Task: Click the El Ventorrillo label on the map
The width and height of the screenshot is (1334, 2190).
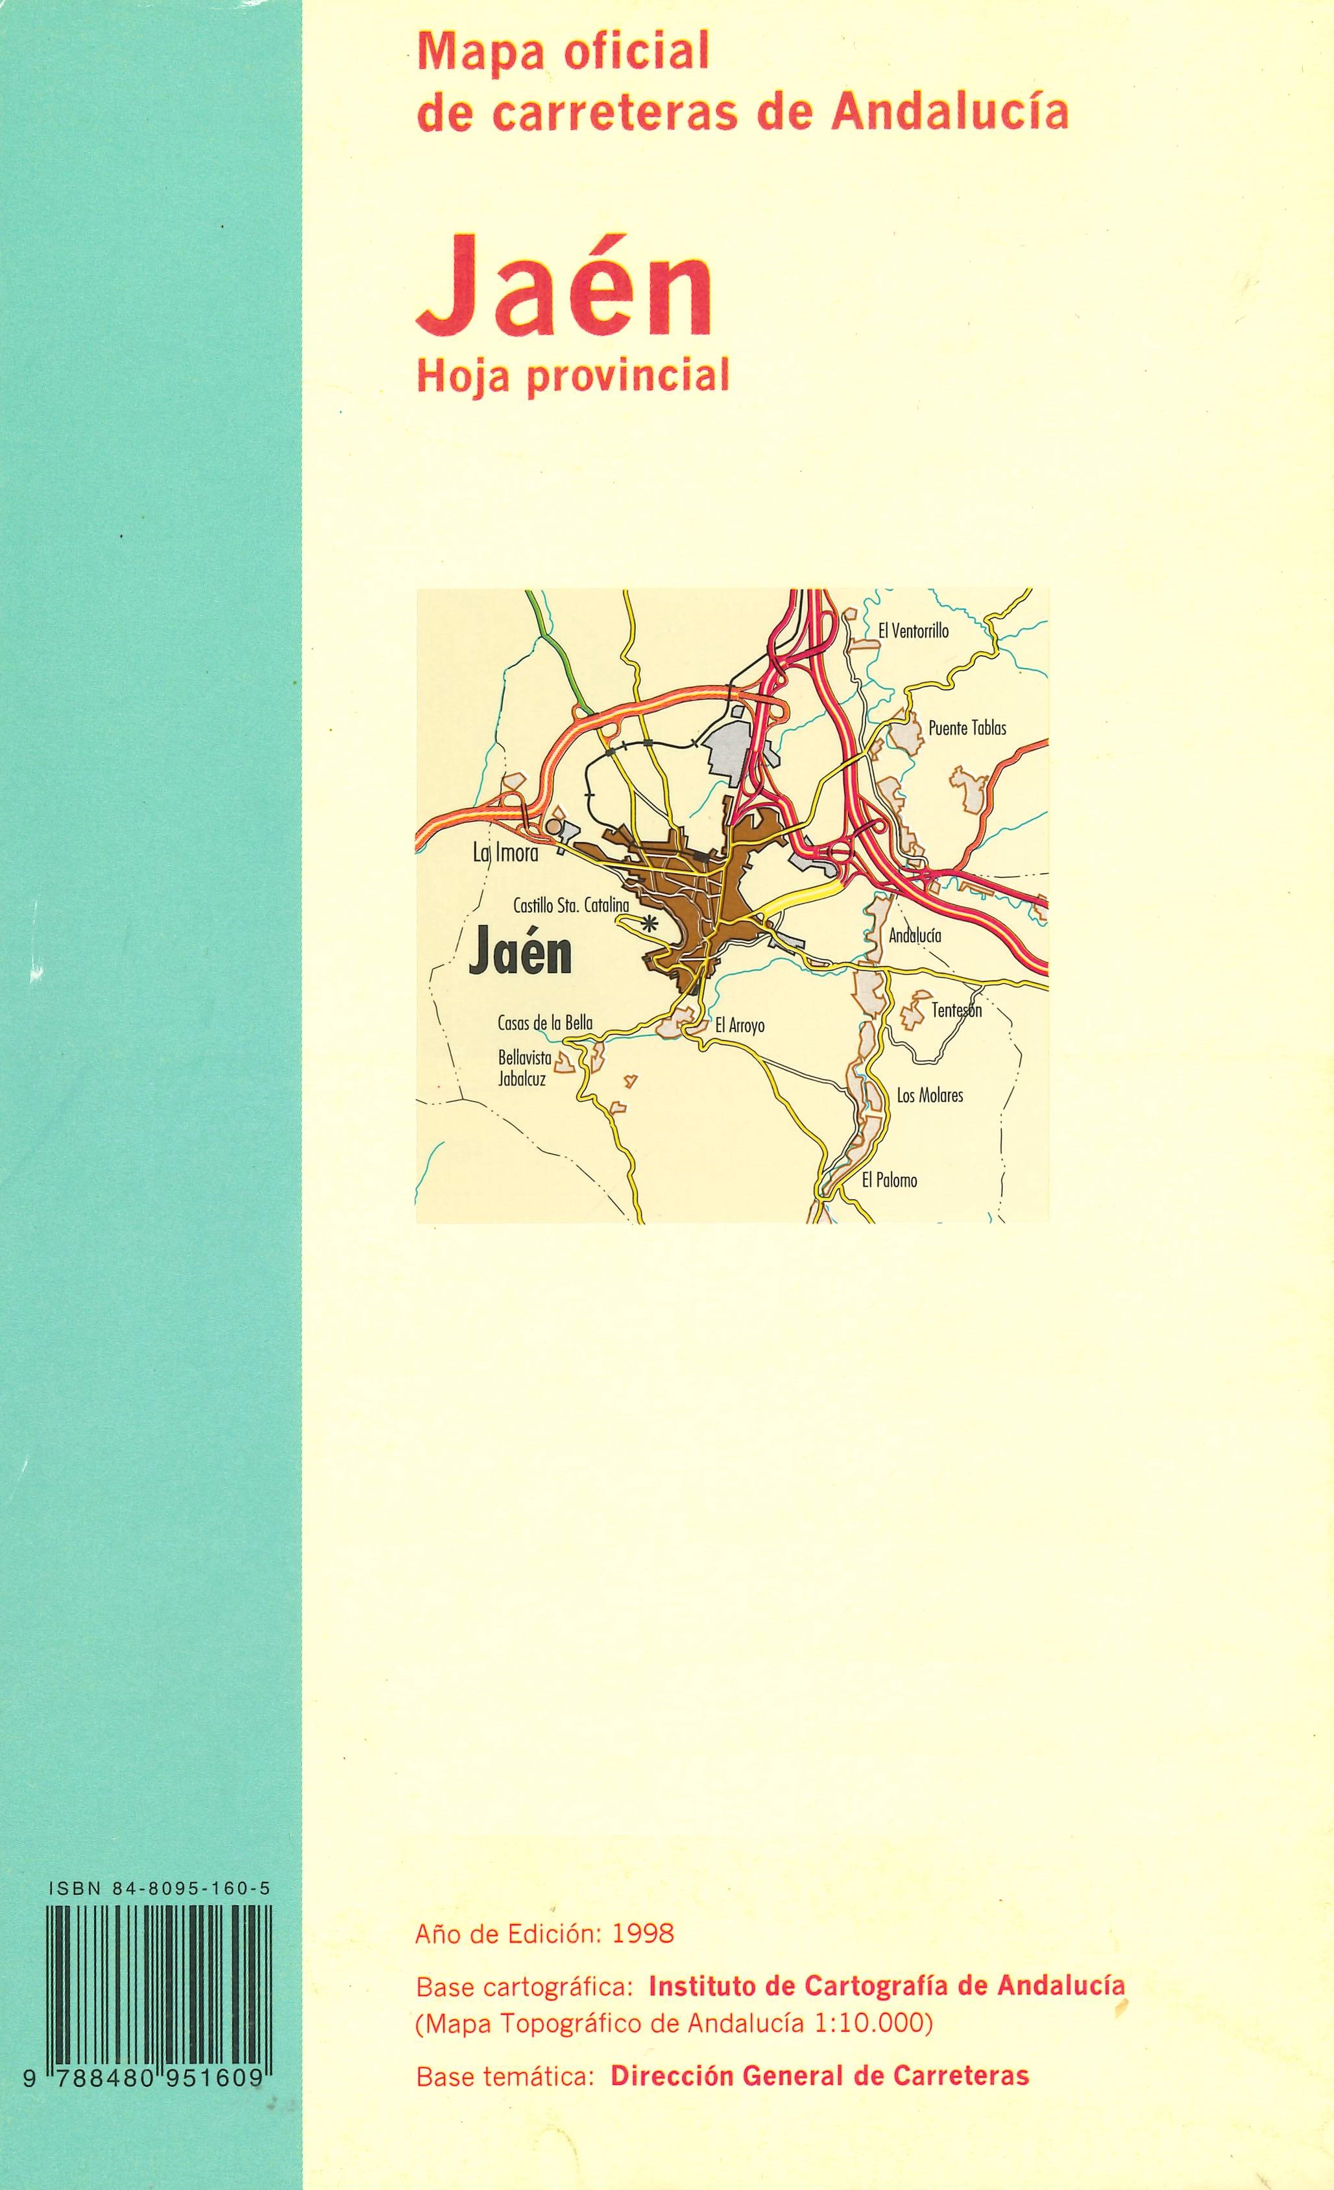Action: click(x=913, y=631)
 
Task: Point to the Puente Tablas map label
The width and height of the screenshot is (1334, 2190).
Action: click(x=967, y=728)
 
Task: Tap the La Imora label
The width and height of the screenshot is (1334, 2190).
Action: click(x=505, y=854)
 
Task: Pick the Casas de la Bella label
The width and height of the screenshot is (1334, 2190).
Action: click(x=545, y=1024)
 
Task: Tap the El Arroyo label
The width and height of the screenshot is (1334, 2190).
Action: click(x=740, y=1026)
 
